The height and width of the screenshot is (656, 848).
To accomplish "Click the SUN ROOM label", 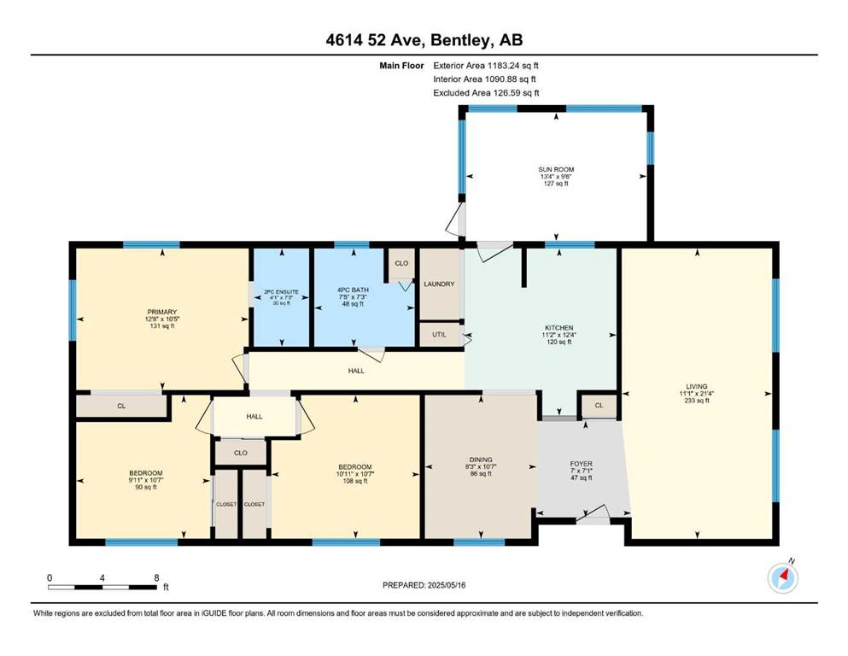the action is point(556,169).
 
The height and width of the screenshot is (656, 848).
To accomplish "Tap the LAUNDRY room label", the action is point(439,284).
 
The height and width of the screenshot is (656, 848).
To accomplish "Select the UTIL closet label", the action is point(439,335).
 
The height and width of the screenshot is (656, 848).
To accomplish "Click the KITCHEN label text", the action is point(559,328).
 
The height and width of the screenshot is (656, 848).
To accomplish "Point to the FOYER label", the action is point(582,464).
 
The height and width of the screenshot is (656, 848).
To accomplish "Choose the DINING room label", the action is point(481,460).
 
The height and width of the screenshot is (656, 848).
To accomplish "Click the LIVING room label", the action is point(697,386).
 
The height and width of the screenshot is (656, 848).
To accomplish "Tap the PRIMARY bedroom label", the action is point(162,312).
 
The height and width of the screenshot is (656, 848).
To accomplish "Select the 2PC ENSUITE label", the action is point(281,292).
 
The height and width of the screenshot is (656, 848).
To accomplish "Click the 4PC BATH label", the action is point(353,290).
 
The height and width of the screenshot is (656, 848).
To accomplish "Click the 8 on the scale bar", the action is point(157,577).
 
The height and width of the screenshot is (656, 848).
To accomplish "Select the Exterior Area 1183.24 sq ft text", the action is point(486,66).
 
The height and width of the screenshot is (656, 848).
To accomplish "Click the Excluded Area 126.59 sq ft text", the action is point(486,92).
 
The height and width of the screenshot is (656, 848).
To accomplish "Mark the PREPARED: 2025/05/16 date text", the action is point(424,585).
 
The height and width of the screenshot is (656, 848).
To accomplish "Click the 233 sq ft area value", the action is point(697,401).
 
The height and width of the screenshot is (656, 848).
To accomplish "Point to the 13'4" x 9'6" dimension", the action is point(556,176).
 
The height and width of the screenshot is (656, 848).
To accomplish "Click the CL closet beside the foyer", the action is point(599,405).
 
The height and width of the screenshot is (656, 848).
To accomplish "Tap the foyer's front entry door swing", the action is point(594,513).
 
